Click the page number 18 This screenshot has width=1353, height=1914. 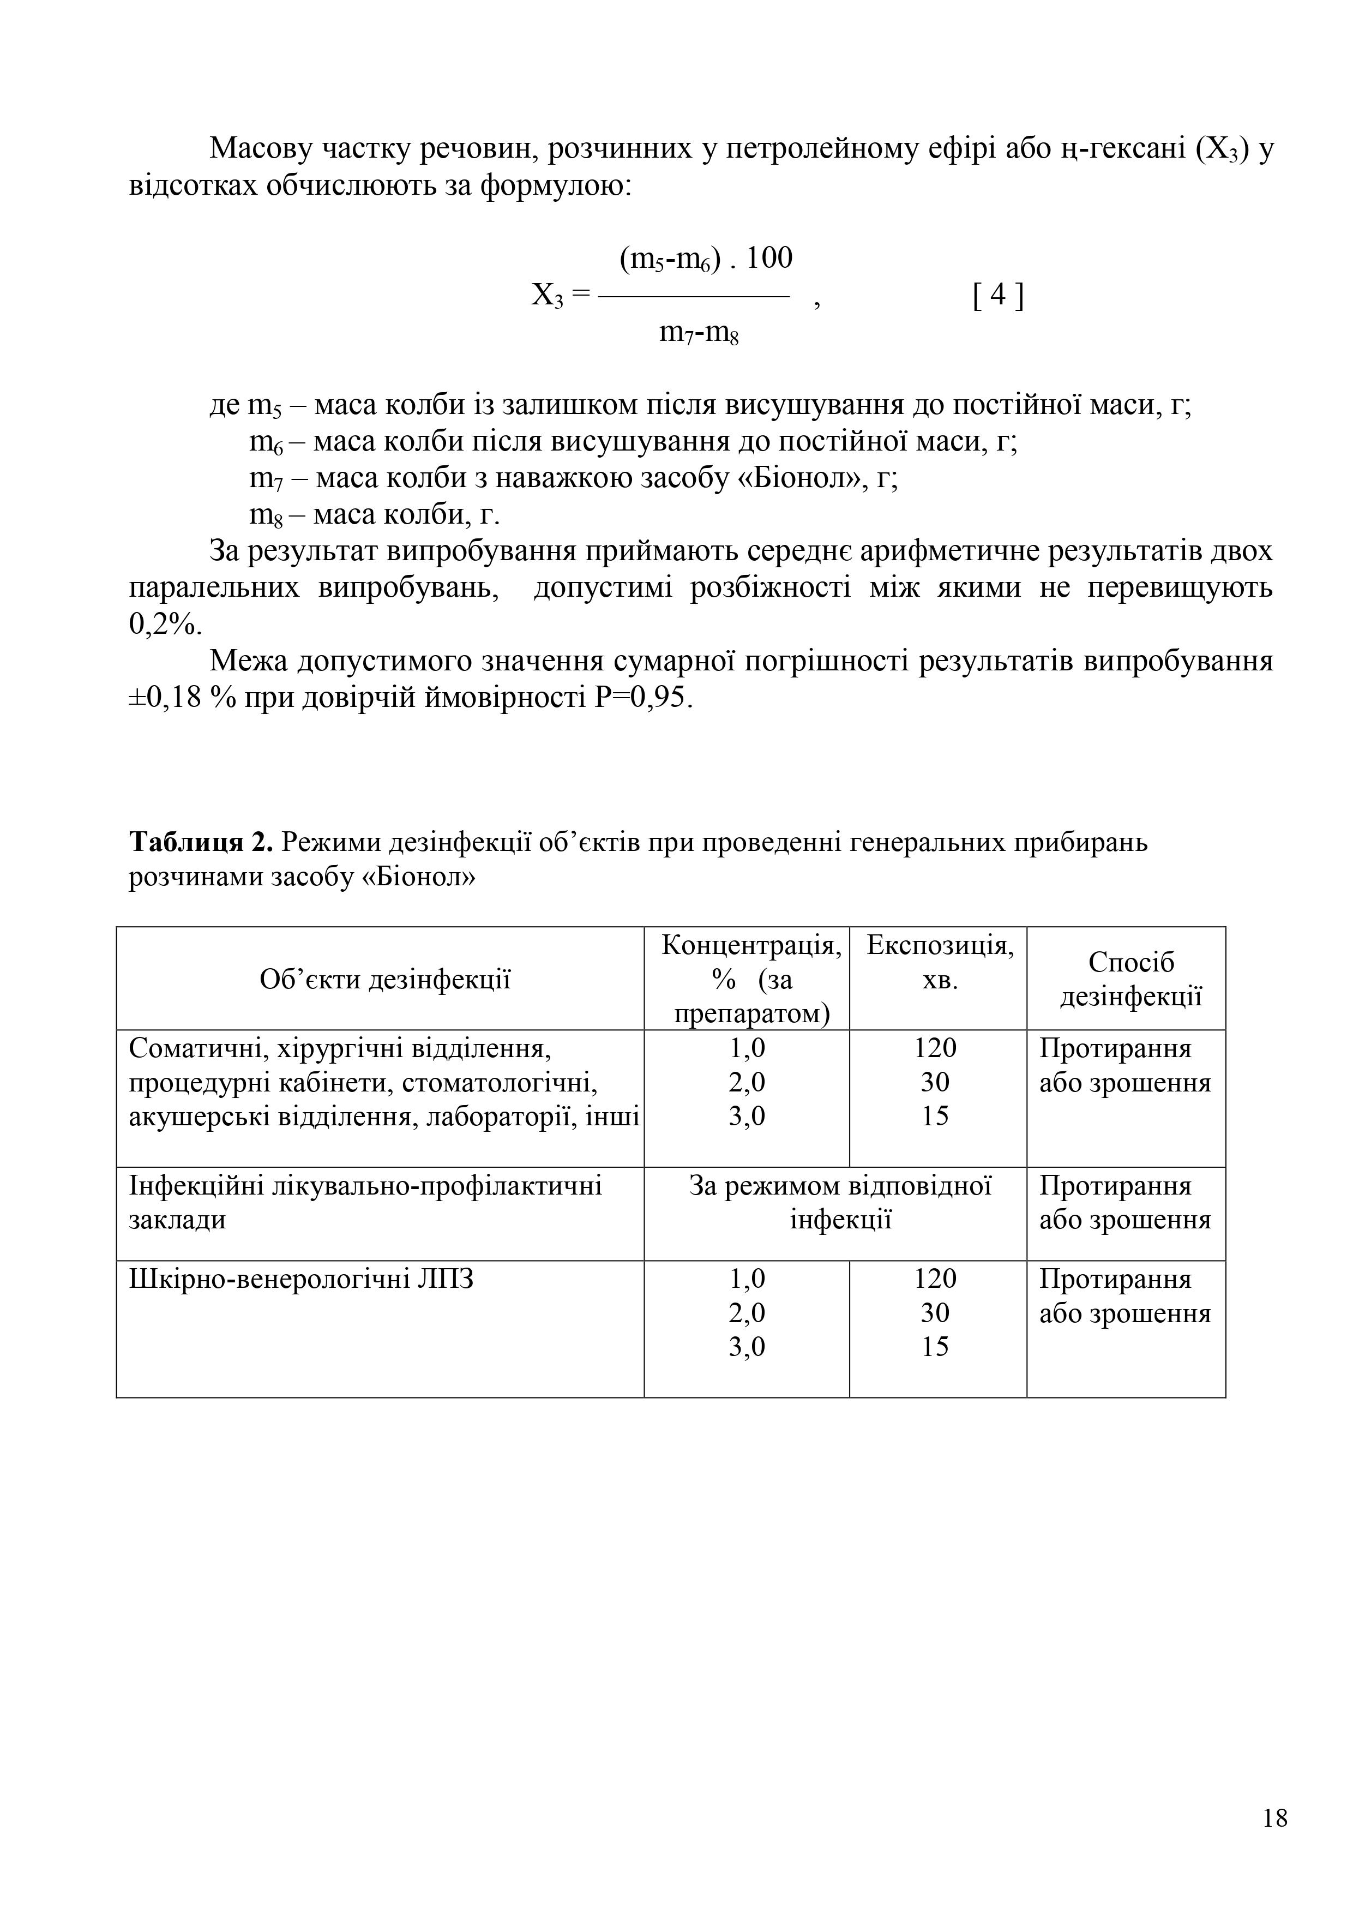tap(1274, 1817)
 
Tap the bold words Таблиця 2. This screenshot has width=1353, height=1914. tap(201, 843)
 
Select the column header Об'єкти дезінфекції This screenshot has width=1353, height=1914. tap(384, 979)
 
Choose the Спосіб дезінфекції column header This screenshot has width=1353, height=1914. tap(1130, 979)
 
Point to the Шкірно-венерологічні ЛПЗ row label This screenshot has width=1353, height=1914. tap(301, 1279)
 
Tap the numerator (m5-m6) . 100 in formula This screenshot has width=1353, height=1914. tap(705, 259)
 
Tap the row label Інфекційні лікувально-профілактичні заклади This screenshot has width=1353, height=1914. tap(365, 1202)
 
